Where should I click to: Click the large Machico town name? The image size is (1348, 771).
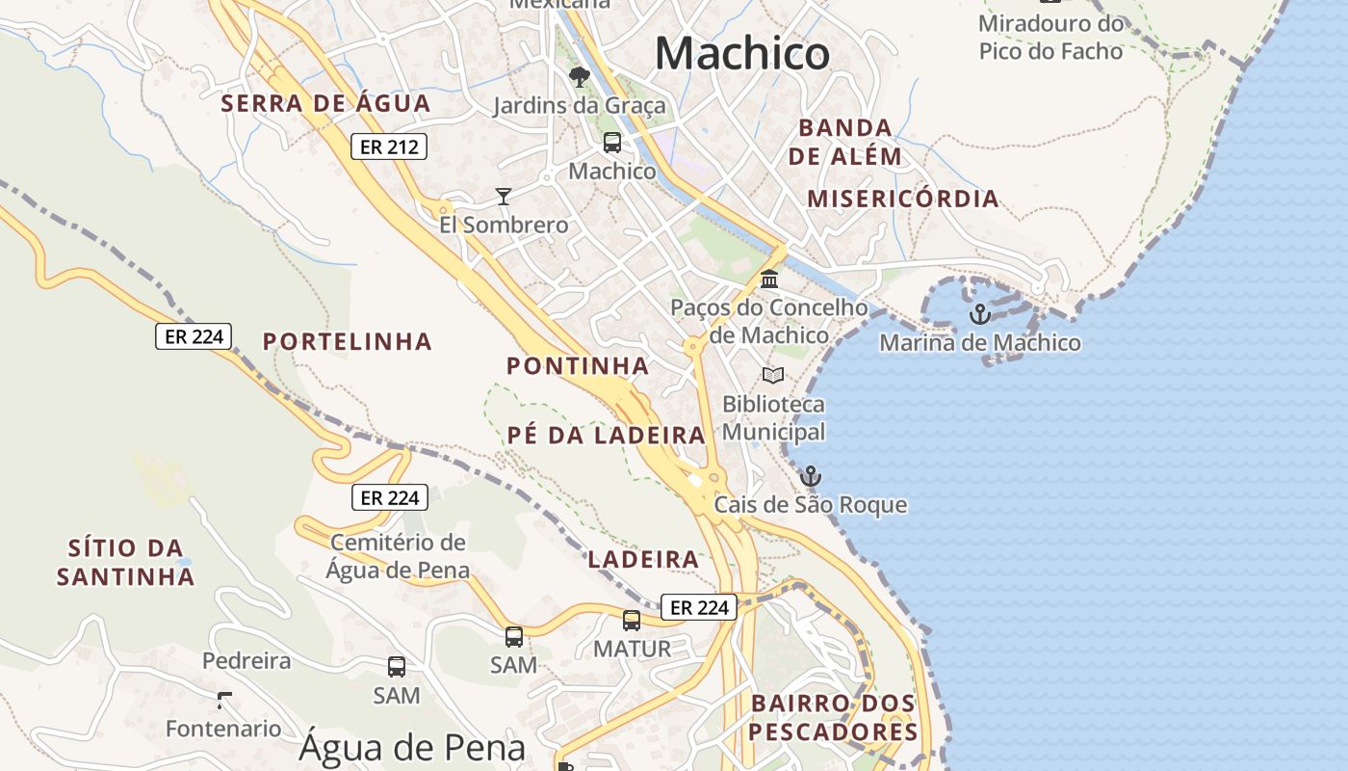pyautogui.click(x=741, y=53)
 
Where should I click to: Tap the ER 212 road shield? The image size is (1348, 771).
pyautogui.click(x=388, y=146)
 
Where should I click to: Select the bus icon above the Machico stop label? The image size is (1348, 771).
pyautogui.click(x=612, y=143)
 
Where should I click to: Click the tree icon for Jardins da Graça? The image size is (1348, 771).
pyautogui.click(x=579, y=77)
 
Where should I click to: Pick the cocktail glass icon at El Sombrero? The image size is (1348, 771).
pyautogui.click(x=504, y=197)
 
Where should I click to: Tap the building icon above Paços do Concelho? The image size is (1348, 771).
pyautogui.click(x=769, y=279)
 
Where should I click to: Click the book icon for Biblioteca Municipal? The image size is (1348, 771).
pyautogui.click(x=773, y=375)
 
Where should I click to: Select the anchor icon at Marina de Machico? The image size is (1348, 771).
pyautogui.click(x=979, y=314)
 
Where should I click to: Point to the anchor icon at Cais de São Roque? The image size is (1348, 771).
pyautogui.click(x=811, y=476)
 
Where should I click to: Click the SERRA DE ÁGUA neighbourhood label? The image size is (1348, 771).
pyautogui.click(x=325, y=104)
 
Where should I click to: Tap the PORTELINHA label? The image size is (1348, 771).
pyautogui.click(x=348, y=342)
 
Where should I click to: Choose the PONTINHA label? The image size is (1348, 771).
pyautogui.click(x=578, y=366)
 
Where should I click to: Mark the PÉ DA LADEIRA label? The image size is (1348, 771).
pyautogui.click(x=607, y=436)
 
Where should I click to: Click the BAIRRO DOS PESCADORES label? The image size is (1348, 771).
pyautogui.click(x=834, y=718)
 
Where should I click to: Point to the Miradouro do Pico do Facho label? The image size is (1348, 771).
pyautogui.click(x=1050, y=38)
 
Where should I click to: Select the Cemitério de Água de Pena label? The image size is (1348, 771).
pyautogui.click(x=398, y=556)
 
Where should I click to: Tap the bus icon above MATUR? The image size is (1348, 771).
pyautogui.click(x=632, y=621)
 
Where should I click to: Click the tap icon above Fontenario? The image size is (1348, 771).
pyautogui.click(x=224, y=700)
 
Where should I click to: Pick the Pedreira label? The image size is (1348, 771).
pyautogui.click(x=246, y=661)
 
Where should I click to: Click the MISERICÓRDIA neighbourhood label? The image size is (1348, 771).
pyautogui.click(x=902, y=199)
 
